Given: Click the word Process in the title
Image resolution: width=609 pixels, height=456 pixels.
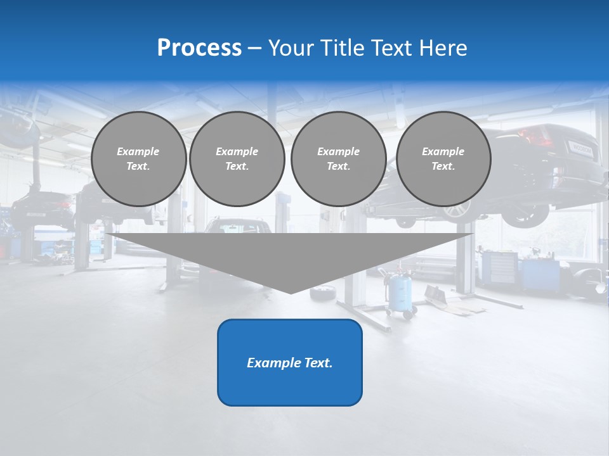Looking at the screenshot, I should pyautogui.click(x=199, y=48).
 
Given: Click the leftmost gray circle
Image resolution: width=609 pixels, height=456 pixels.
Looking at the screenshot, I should pyautogui.click(x=138, y=158).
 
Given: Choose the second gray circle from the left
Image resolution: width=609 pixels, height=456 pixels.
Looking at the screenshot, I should pyautogui.click(x=237, y=158).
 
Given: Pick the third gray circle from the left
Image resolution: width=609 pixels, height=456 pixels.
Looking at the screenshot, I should pyautogui.click(x=338, y=158).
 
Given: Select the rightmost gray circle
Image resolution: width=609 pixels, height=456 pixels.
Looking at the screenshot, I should pyautogui.click(x=443, y=158).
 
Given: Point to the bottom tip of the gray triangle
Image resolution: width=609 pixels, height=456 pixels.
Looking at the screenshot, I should pyautogui.click(x=290, y=292).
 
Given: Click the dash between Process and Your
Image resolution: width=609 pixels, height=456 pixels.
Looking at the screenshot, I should pyautogui.click(x=254, y=48).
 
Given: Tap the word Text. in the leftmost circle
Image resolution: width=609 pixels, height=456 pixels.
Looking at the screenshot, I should pyautogui.click(x=138, y=166).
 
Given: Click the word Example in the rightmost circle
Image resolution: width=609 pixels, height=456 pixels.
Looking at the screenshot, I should pyautogui.click(x=443, y=151).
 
